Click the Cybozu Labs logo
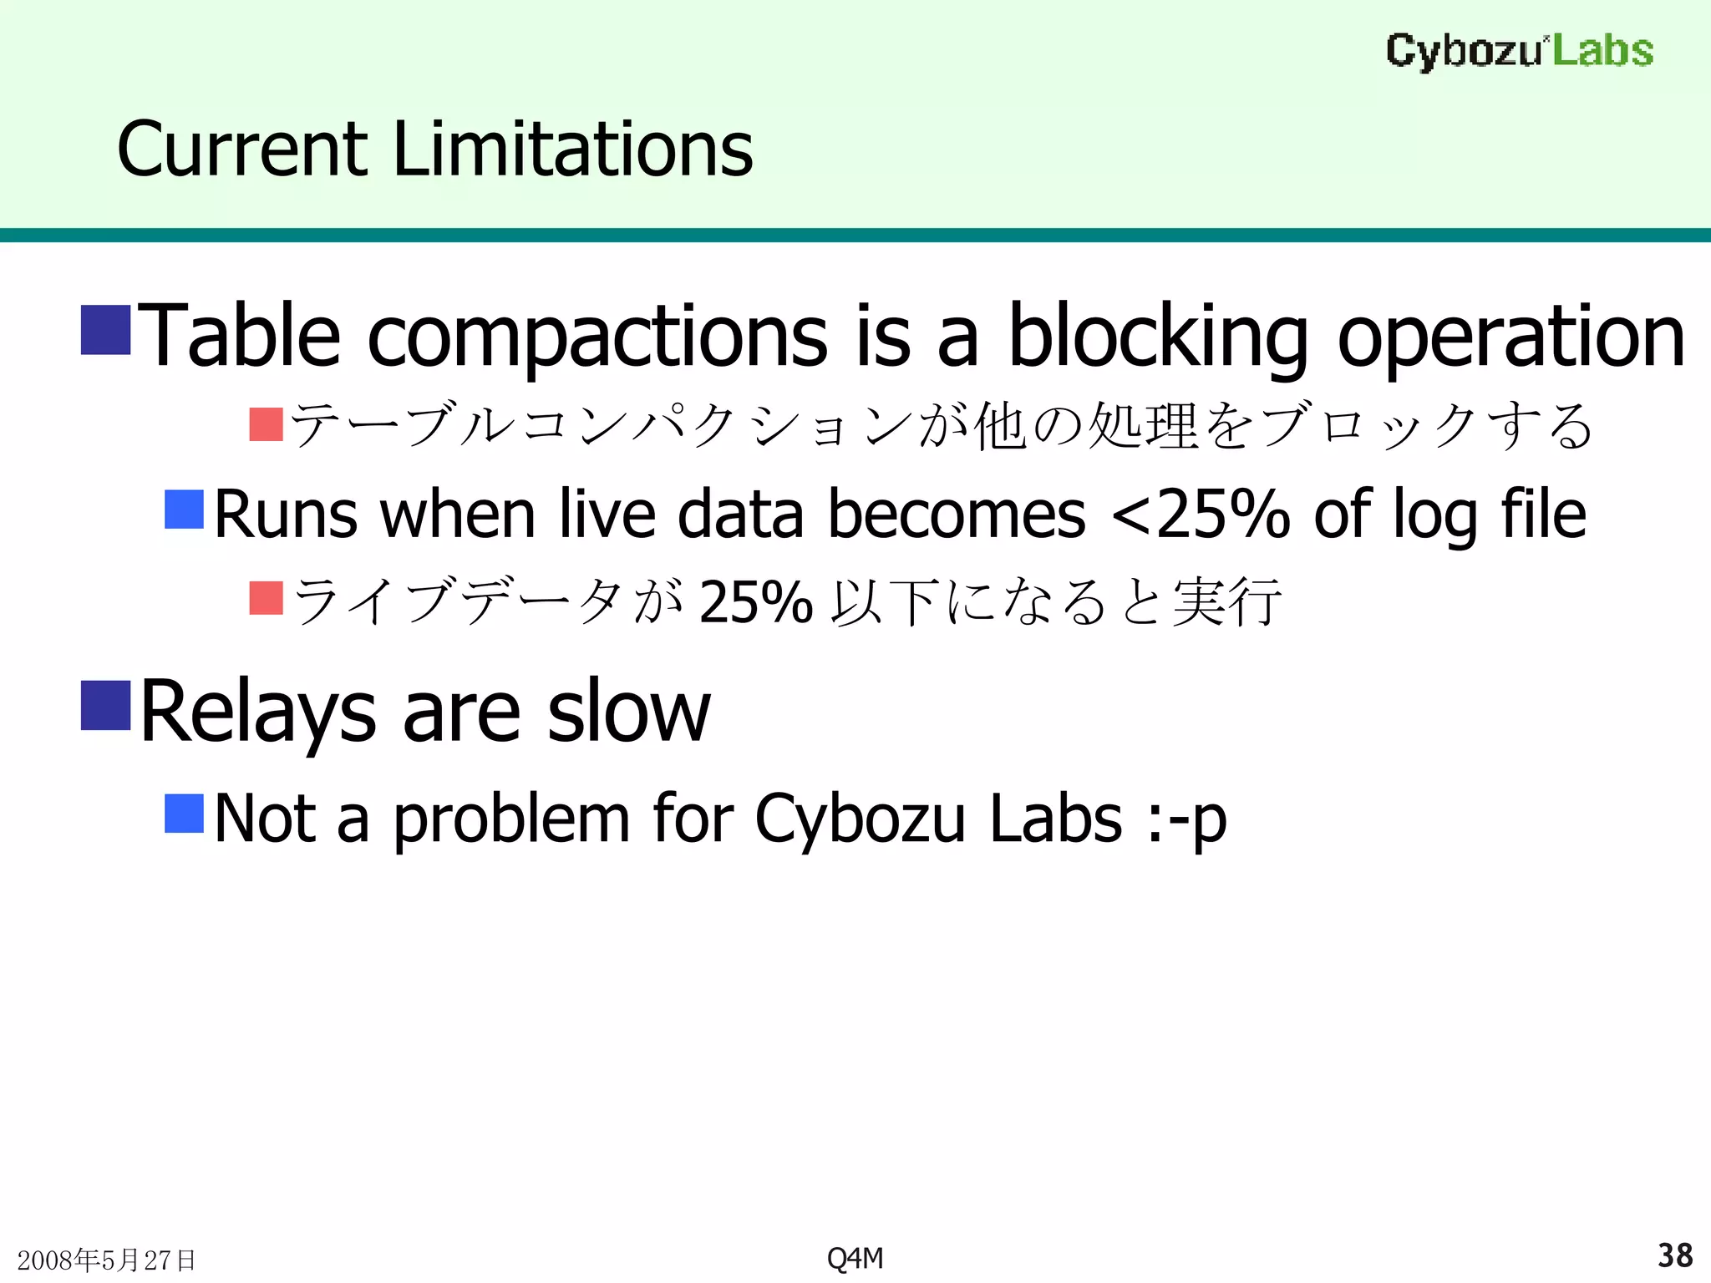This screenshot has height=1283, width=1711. [x=1519, y=51]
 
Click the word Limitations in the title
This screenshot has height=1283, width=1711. [x=572, y=150]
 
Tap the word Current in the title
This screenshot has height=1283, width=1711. [x=242, y=150]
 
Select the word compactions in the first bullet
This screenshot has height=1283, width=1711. [x=597, y=337]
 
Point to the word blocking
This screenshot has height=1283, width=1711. [x=1157, y=337]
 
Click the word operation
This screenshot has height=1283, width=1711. [x=1510, y=337]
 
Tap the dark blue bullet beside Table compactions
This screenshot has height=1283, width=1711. [x=106, y=330]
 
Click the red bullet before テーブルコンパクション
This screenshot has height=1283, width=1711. [x=267, y=424]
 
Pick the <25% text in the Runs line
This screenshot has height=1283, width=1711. [x=1201, y=514]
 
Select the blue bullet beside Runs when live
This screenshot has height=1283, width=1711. [x=185, y=510]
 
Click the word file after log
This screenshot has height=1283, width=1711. [x=1543, y=514]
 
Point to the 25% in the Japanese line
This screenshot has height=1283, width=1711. [x=755, y=601]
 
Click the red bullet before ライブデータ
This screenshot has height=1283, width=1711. [x=267, y=598]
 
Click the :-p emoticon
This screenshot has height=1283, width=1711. [x=1186, y=819]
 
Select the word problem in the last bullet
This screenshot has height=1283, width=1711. [x=511, y=819]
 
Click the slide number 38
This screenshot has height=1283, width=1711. [x=1674, y=1255]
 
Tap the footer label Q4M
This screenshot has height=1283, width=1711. [x=855, y=1258]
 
